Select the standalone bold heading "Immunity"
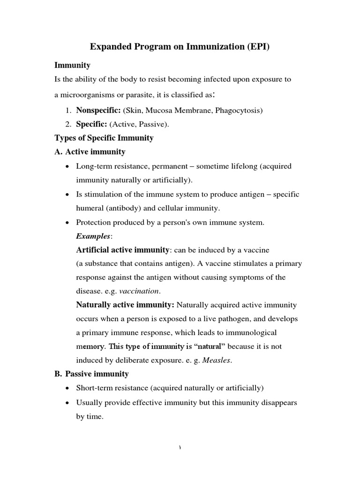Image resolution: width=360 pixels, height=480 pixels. [x=72, y=65]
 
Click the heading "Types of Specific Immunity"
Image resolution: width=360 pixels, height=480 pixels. [x=104, y=138]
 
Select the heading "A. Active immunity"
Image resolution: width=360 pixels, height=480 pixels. [x=90, y=152]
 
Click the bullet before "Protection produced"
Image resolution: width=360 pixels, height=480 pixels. [x=69, y=223]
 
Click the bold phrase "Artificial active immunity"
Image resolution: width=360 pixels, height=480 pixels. [x=122, y=250]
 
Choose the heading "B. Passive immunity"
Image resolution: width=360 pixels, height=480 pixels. [x=92, y=374]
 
